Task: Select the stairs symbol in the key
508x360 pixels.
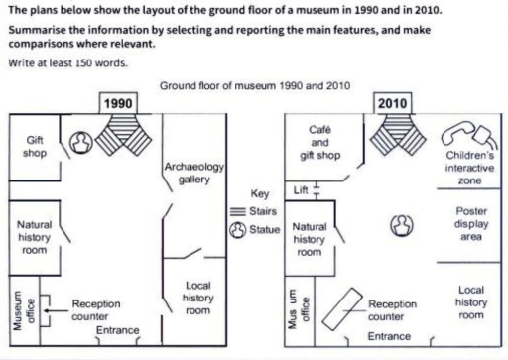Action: (x=237, y=212)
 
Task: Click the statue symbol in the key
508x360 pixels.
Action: (x=237, y=229)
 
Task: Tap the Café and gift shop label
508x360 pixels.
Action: (x=319, y=142)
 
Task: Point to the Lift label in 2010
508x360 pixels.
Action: (x=302, y=188)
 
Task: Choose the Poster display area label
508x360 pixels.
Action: (x=471, y=224)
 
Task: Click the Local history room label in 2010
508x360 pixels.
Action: (x=471, y=301)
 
